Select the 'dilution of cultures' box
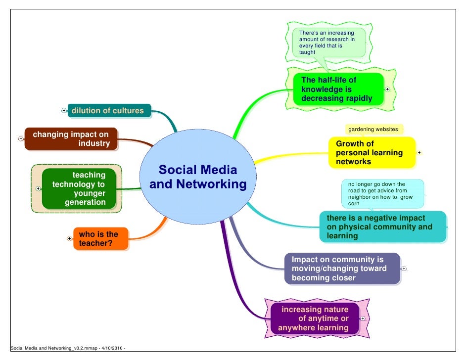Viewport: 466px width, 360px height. tap(108, 111)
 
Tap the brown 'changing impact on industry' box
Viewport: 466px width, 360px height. tap(71, 139)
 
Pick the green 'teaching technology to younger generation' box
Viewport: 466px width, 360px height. tap(79, 188)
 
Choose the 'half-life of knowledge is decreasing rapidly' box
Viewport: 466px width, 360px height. tap(336, 89)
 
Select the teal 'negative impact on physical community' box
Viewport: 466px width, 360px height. tap(382, 227)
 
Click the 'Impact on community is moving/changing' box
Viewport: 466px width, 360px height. tap(341, 269)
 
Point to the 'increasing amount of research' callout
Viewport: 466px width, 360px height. tap(327, 42)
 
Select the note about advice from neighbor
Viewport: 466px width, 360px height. tap(381, 193)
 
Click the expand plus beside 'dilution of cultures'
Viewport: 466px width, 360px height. tap(64, 111)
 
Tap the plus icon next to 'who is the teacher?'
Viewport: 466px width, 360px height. tap(69, 238)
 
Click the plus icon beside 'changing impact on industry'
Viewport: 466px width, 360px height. tap(20, 139)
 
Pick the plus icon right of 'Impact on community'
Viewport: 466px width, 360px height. tap(404, 269)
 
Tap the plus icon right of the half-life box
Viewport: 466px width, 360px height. tap(387, 90)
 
